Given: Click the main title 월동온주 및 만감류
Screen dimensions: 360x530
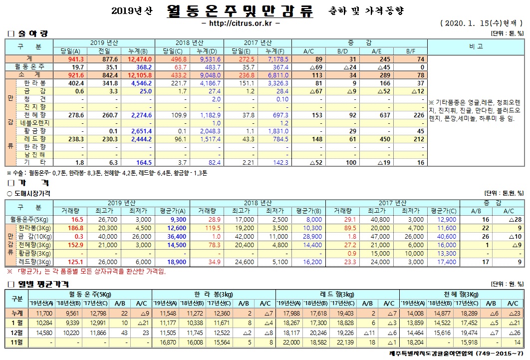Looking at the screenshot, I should point(241,11).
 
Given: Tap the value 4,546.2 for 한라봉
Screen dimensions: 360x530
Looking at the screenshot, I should point(140,82).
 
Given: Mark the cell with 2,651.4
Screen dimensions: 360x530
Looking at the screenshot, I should point(140,130).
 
